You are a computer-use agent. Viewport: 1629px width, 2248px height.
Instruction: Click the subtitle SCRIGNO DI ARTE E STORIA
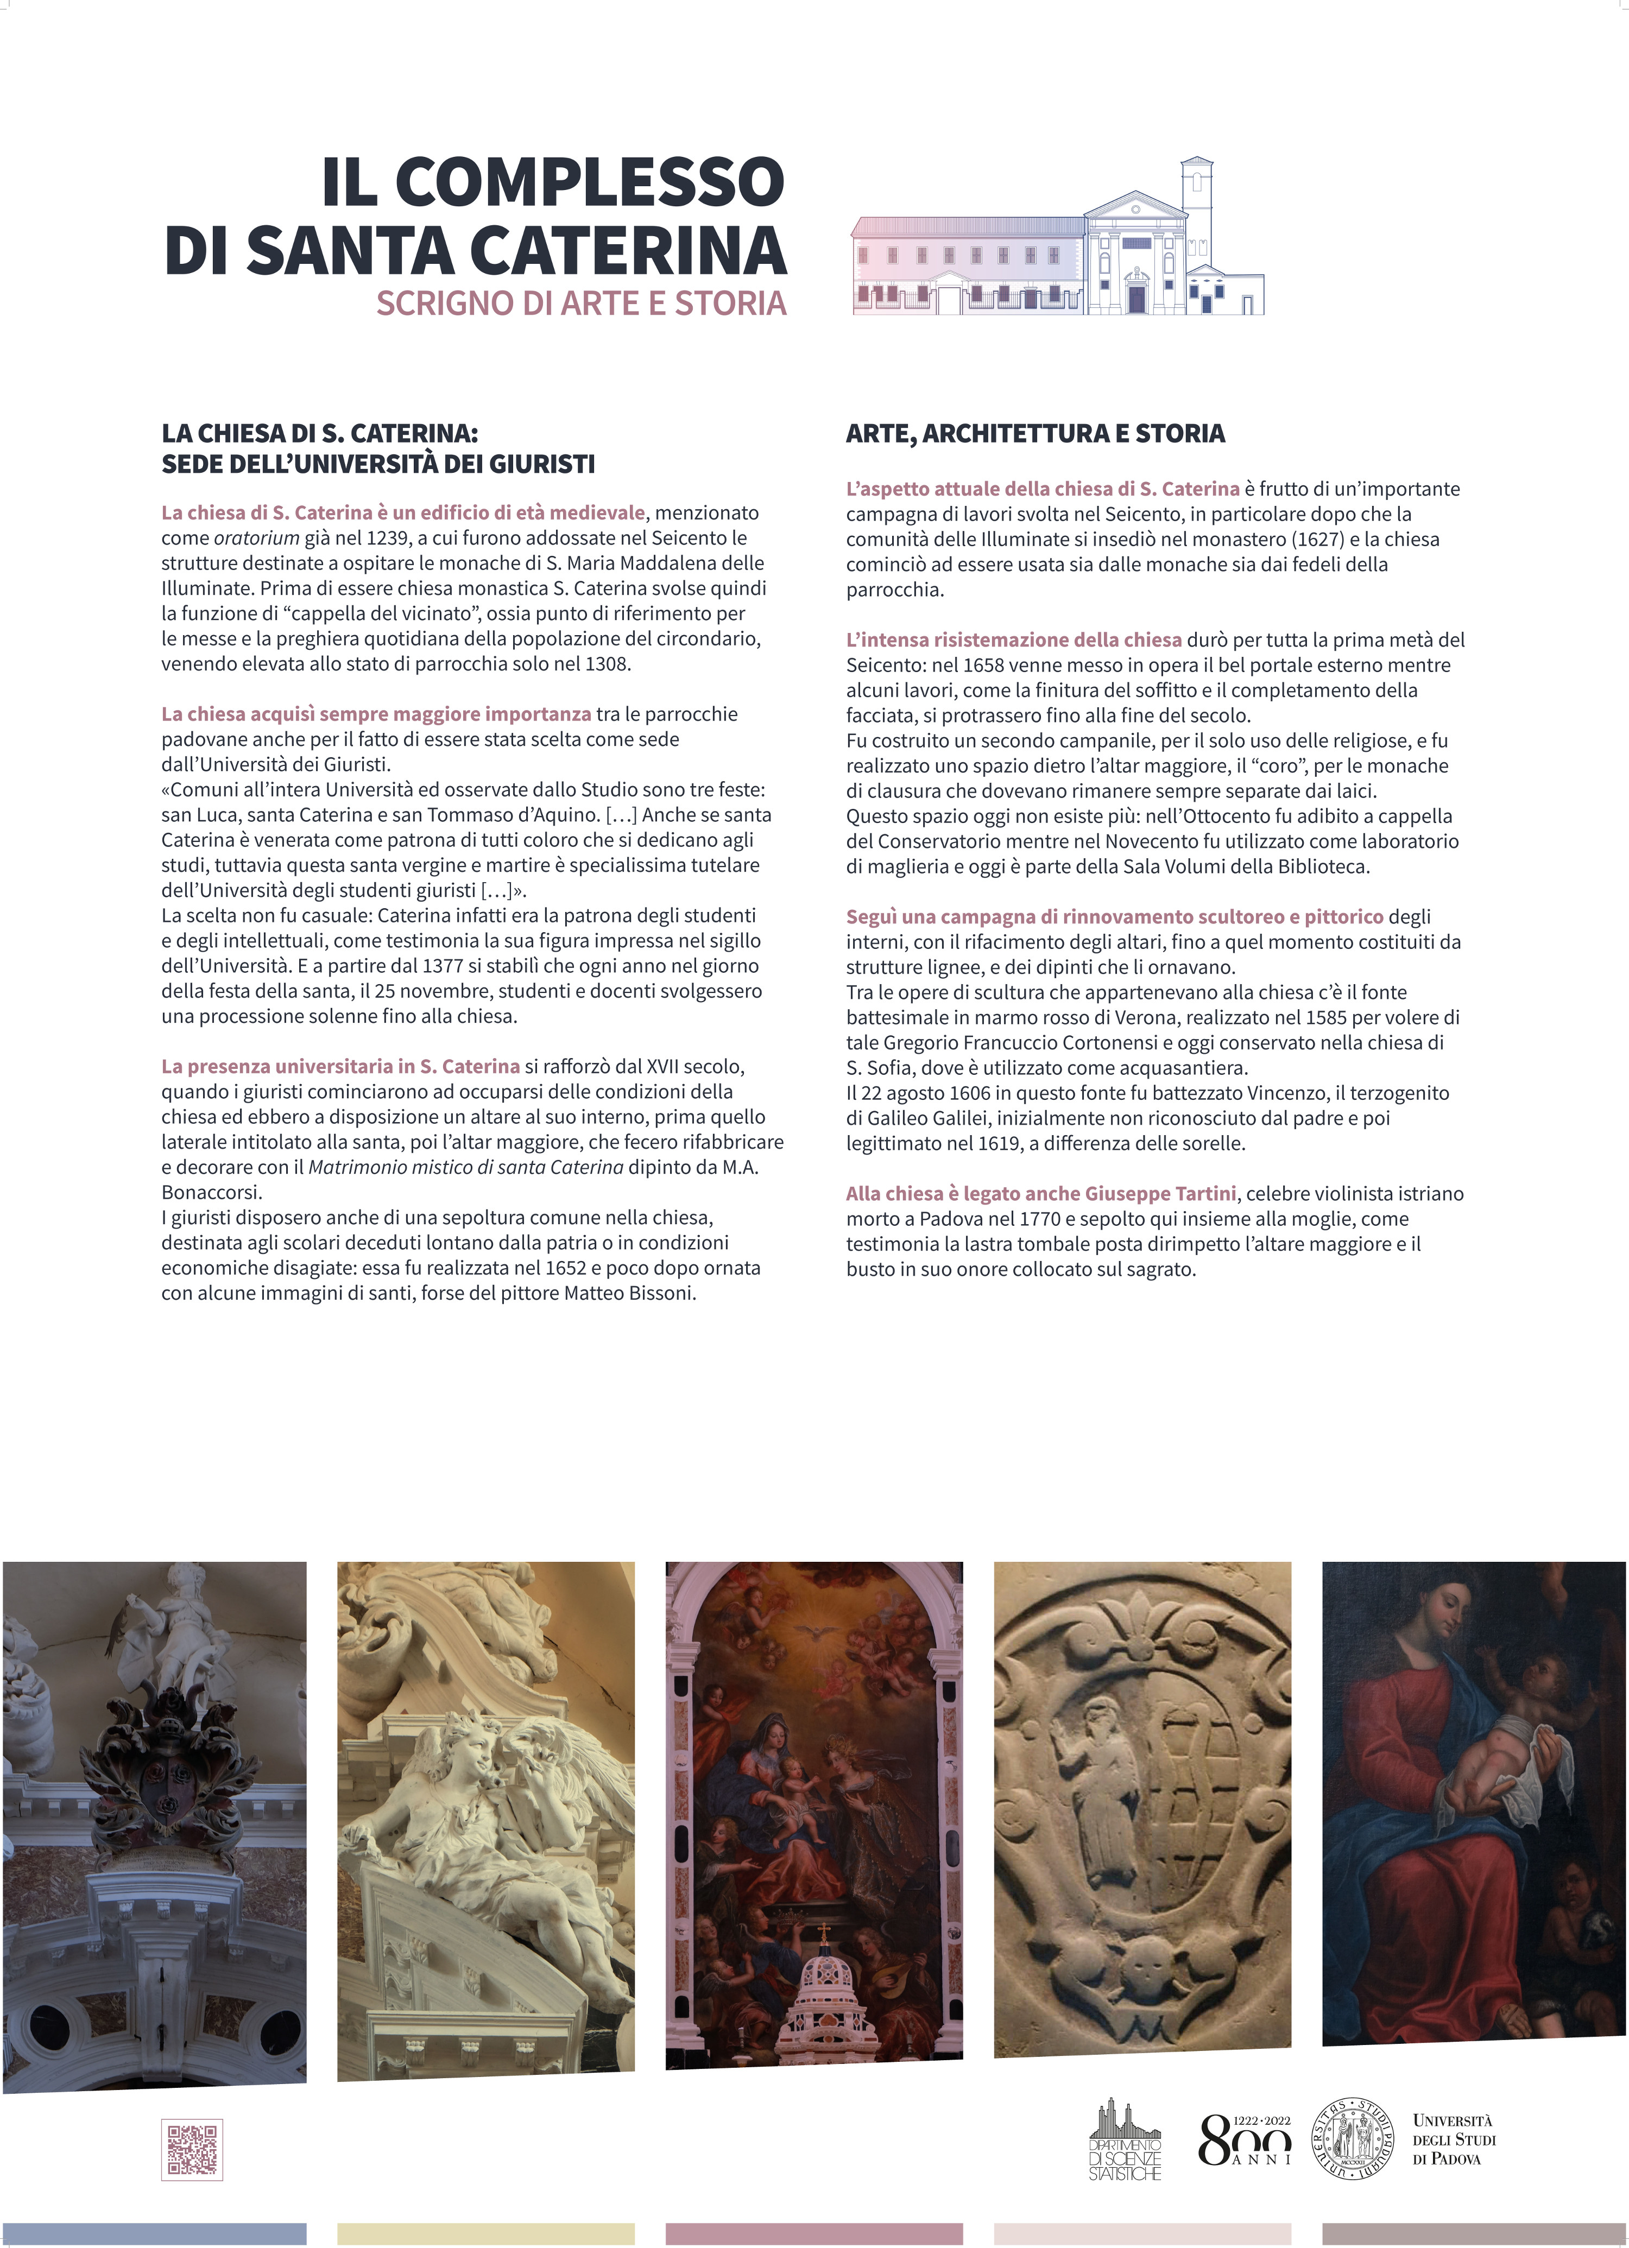pyautogui.click(x=581, y=303)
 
